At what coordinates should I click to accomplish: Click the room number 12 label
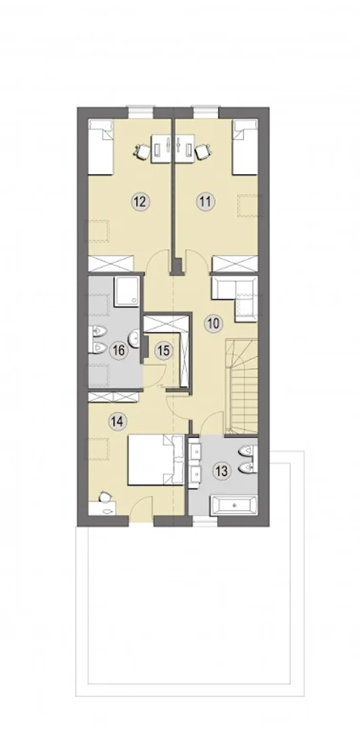tap(141, 202)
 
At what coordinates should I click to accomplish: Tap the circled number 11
tap(205, 202)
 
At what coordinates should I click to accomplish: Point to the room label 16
tap(119, 350)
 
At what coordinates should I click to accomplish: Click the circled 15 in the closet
tap(163, 351)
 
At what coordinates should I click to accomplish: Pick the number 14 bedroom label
tap(118, 422)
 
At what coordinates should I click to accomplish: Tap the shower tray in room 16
tap(127, 292)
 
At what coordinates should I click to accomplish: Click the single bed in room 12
tap(101, 147)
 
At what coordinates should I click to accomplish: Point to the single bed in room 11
tap(245, 147)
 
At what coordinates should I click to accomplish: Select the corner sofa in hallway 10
tap(235, 299)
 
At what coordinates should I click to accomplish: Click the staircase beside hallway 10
tap(242, 386)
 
